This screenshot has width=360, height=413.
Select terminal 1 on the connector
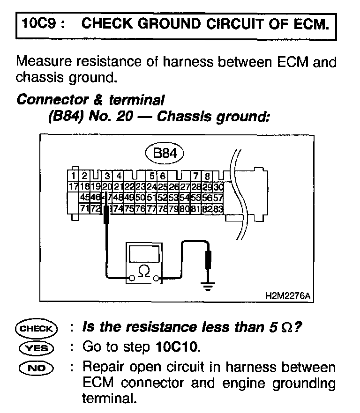[73, 176]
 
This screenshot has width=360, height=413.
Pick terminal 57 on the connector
[218, 197]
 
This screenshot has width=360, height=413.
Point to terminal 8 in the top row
[207, 176]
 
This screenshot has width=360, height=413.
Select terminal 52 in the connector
[162, 197]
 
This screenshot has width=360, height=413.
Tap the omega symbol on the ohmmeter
[145, 272]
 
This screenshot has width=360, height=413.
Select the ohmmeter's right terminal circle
[158, 280]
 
